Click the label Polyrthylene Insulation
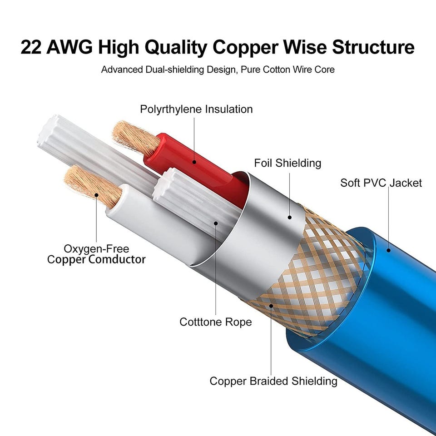[196, 109]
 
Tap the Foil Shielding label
[287, 163]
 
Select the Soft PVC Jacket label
[381, 183]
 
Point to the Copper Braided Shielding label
[273, 381]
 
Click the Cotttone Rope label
[216, 322]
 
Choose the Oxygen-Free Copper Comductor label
[96, 254]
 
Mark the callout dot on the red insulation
[194, 161]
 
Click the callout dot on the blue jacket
[389, 249]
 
